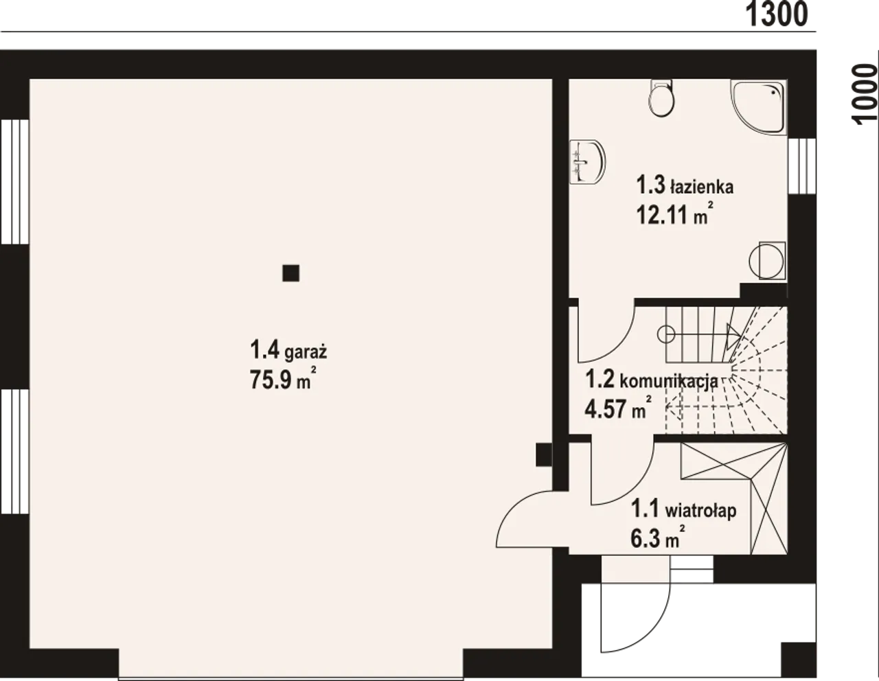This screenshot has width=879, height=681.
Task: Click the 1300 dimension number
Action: coord(776,14)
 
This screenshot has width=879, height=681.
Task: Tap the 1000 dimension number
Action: coord(865,94)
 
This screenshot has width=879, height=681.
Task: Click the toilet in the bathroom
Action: coord(661,98)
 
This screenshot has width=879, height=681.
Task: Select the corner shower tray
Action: coord(758,106)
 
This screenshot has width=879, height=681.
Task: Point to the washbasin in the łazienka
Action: coord(587,162)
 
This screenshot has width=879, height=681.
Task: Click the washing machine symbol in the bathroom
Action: coord(767,260)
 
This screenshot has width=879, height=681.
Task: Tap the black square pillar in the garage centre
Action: coord(290,273)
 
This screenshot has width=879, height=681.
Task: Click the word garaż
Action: coord(306,353)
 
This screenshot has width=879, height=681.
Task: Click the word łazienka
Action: coord(701,187)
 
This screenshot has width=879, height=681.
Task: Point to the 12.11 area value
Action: coord(662,214)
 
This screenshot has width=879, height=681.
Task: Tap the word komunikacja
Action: coord(669,381)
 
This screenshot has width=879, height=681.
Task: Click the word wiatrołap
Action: coord(700,511)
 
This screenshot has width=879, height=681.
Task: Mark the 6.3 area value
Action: coord(646,539)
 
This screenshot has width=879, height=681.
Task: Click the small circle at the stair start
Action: coord(666,334)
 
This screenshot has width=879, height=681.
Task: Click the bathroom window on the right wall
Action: coord(801,166)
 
